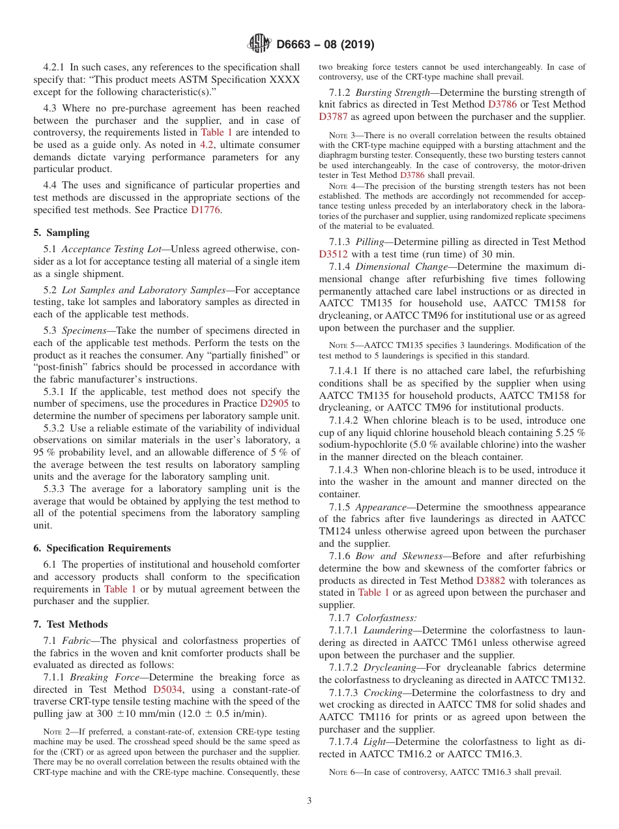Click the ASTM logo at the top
pos(260,44)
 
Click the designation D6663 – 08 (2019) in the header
pos(325,45)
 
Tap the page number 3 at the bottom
pos(309,800)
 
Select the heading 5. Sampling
pos(61,233)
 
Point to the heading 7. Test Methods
pos(70,624)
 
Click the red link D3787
pos(334,117)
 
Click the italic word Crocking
pos(384,693)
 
